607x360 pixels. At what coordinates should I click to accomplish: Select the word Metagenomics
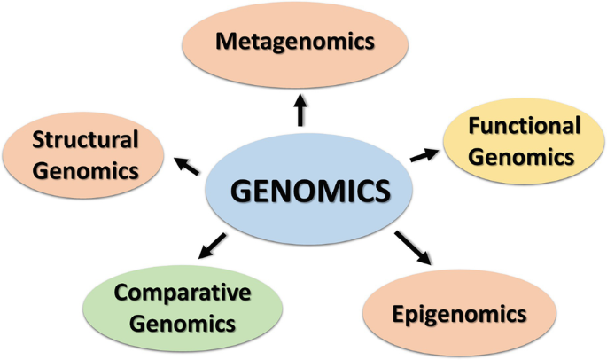coord(294,42)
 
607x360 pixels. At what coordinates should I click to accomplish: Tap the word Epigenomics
coord(460,313)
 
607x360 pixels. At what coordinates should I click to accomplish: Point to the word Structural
coord(85,139)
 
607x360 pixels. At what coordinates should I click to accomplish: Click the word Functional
coord(524,126)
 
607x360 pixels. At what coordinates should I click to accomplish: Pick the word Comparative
coord(183,293)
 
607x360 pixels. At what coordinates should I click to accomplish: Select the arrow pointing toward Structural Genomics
coord(187,164)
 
